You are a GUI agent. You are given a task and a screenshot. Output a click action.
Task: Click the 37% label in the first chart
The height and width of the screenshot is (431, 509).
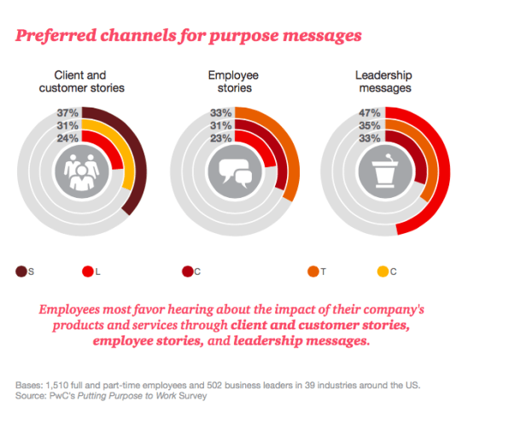pos(67,113)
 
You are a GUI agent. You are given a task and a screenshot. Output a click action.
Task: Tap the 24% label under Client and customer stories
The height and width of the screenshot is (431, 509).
pos(67,138)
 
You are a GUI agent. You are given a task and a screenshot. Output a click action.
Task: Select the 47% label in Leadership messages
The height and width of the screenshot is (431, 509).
pos(370,113)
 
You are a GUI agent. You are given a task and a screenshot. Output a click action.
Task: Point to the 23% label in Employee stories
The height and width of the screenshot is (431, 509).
pos(220,138)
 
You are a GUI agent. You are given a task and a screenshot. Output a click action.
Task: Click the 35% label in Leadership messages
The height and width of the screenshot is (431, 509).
pos(370,125)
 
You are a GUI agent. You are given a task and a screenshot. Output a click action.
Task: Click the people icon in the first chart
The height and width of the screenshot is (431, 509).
pos(82,172)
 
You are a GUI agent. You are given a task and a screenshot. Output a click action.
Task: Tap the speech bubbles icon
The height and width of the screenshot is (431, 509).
pos(236,173)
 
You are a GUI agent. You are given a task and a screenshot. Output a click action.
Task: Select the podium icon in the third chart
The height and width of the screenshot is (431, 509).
pos(385,171)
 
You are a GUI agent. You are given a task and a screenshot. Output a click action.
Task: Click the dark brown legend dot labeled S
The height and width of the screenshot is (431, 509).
pos(21,271)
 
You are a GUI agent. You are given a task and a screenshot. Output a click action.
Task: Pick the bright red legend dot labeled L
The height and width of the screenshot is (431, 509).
pos(88,271)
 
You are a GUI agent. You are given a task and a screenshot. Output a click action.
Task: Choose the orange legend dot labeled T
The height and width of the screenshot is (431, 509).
pos(313,271)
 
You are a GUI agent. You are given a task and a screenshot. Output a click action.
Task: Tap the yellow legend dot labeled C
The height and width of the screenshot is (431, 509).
pos(383,271)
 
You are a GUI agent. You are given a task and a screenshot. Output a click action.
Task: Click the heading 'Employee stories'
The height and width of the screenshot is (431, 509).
pos(234,81)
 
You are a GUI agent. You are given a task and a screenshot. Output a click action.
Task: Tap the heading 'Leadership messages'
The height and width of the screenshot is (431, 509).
pos(384,81)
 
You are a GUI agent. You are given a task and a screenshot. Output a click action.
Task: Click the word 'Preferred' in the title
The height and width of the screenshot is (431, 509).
pos(56,36)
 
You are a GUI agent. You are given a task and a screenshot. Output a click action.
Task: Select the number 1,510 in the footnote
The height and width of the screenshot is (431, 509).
pos(57,385)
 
